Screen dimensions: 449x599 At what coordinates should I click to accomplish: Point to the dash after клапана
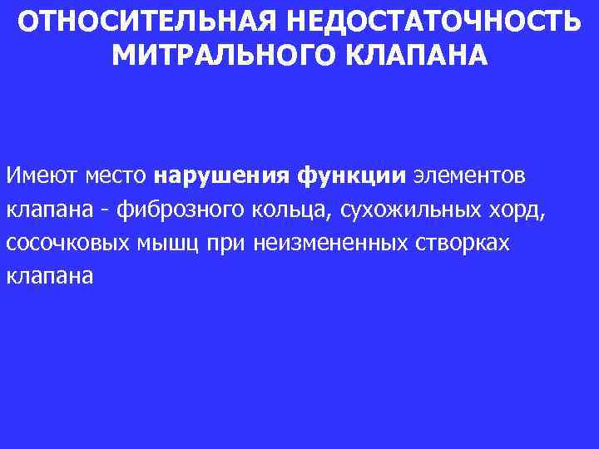[104, 211]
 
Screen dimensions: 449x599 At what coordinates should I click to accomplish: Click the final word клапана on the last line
[49, 277]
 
